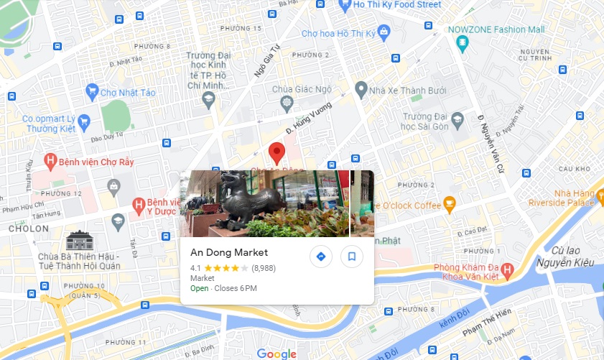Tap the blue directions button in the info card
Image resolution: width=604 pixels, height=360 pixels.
(x=321, y=257)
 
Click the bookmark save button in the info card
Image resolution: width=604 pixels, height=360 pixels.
(x=352, y=257)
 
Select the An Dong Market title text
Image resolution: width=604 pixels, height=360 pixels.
(x=229, y=252)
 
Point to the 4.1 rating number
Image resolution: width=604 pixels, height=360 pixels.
(x=196, y=268)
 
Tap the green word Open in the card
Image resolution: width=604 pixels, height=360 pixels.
(x=200, y=289)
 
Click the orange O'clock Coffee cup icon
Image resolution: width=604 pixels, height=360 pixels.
(x=450, y=205)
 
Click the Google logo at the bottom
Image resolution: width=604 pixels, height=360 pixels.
(x=277, y=354)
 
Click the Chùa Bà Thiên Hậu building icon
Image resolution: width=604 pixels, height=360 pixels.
(x=79, y=239)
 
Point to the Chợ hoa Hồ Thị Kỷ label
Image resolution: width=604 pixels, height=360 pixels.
(x=338, y=33)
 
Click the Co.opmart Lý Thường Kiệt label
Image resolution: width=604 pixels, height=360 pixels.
(x=47, y=124)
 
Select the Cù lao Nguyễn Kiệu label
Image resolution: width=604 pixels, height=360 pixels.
(x=573, y=257)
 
